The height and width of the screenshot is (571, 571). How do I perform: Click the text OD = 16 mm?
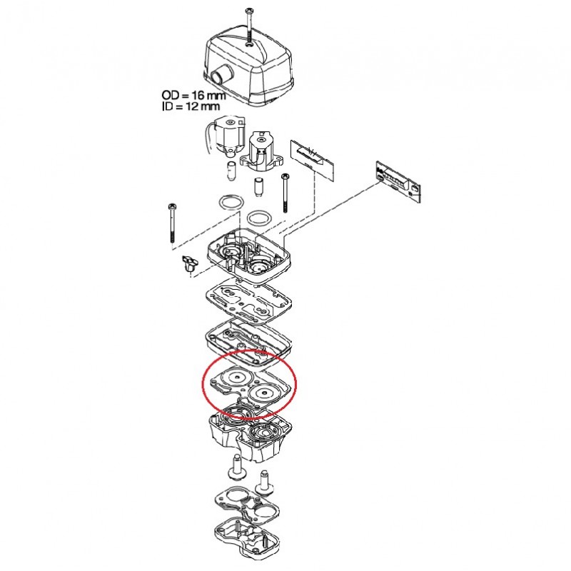click(x=193, y=96)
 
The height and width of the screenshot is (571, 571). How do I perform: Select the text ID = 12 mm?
click(x=191, y=106)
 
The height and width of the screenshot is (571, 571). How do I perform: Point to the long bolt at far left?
click(x=171, y=223)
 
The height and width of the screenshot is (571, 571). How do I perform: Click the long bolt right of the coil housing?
click(x=284, y=193)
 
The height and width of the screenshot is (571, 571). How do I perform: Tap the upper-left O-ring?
click(x=230, y=203)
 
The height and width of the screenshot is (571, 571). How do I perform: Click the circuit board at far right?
click(x=398, y=181)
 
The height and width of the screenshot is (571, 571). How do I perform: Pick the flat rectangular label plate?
click(x=312, y=156)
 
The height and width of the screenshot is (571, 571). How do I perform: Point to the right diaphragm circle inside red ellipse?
click(x=263, y=394)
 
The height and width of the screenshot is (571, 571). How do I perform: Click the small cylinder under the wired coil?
click(x=231, y=170)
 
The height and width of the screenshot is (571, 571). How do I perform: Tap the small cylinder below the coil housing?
click(x=258, y=188)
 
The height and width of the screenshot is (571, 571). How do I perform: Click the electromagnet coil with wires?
click(x=225, y=136)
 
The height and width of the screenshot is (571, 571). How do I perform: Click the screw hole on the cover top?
click(x=249, y=44)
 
